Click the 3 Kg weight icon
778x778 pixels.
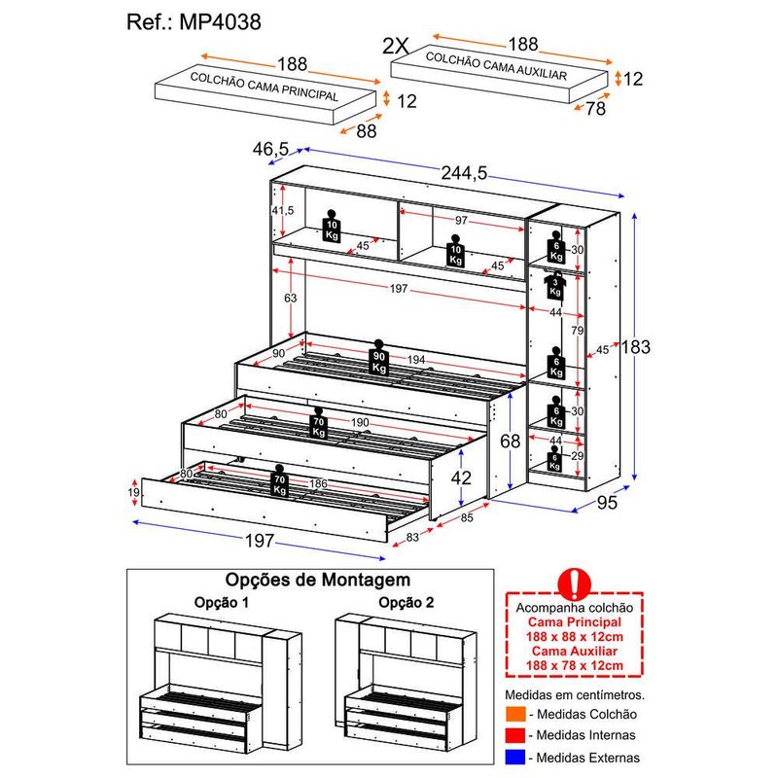click(555, 286)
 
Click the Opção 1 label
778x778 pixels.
click(222, 602)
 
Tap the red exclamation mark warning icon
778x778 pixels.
click(576, 582)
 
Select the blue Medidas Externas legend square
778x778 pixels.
click(513, 756)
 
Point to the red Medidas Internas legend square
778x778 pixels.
click(513, 735)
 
